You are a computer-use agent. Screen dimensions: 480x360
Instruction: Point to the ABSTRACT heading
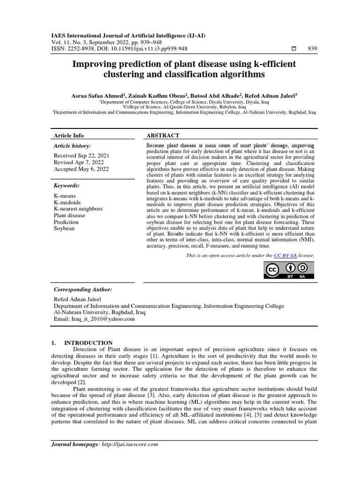[163, 135]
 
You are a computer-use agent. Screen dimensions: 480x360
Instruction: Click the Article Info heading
[69, 135]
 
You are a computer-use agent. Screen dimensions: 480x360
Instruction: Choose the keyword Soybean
[65, 228]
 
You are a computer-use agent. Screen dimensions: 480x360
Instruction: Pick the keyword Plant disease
[69, 215]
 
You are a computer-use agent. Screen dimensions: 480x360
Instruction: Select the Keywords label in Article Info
[67, 186]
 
